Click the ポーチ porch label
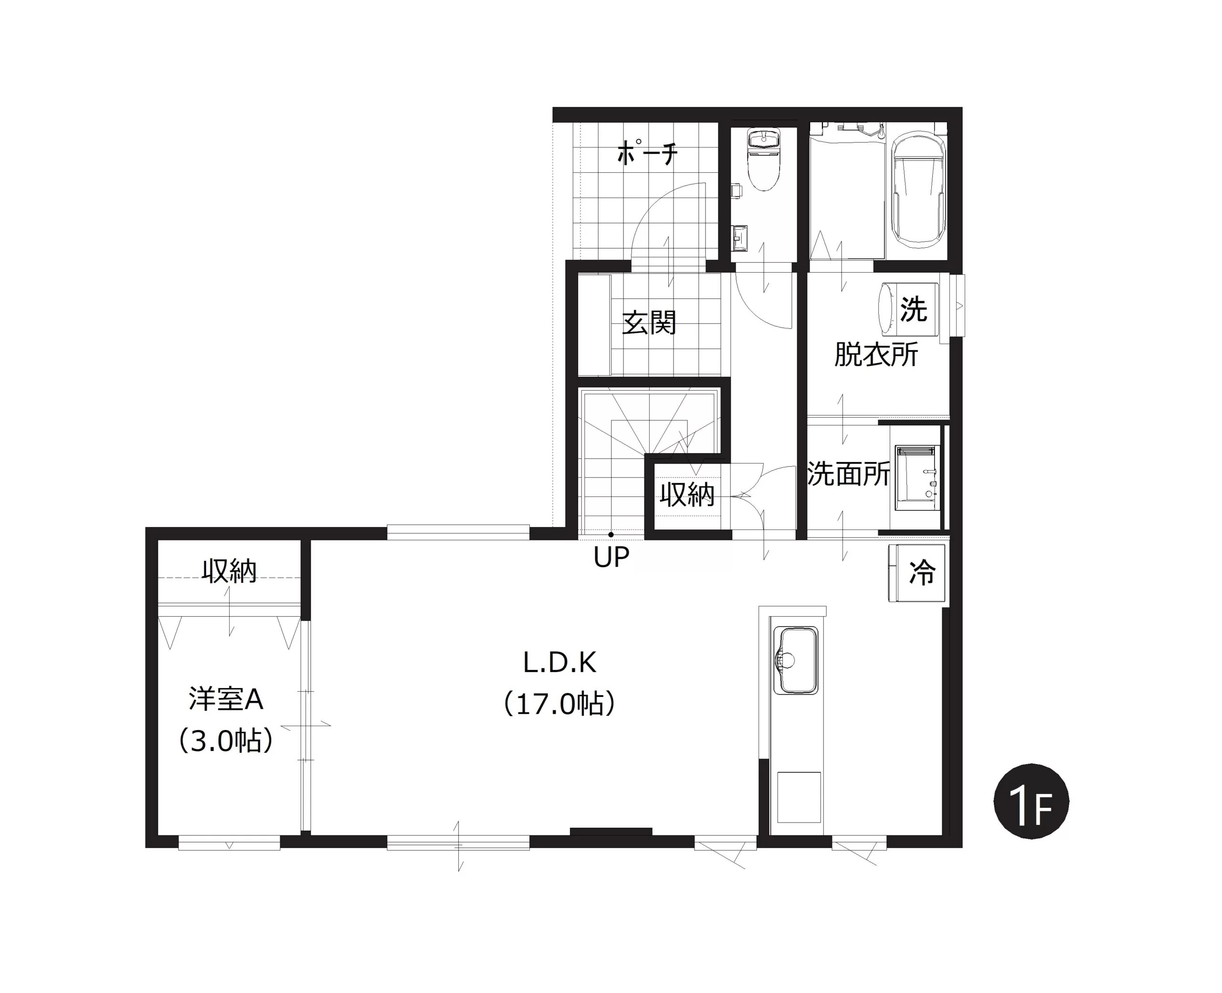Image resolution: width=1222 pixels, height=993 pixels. tap(647, 153)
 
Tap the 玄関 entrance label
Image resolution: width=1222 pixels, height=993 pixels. tap(649, 323)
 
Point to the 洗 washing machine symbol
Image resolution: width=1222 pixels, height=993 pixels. tap(913, 309)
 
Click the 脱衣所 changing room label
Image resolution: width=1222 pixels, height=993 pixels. tap(876, 355)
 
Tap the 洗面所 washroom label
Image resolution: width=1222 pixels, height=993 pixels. tap(849, 474)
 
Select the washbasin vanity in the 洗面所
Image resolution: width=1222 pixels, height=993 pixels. tap(917, 477)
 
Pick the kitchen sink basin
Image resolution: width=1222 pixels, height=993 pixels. tap(795, 661)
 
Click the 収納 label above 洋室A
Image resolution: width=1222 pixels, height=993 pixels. tap(229, 571)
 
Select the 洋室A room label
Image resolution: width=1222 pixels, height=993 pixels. tap(226, 699)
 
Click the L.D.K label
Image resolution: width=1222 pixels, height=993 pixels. tap(560, 662)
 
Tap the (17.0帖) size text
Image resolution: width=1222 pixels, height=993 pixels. tap(559, 704)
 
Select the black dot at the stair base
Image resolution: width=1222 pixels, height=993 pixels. tap(611, 535)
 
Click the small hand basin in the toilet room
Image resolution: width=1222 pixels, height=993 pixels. tap(740, 237)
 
